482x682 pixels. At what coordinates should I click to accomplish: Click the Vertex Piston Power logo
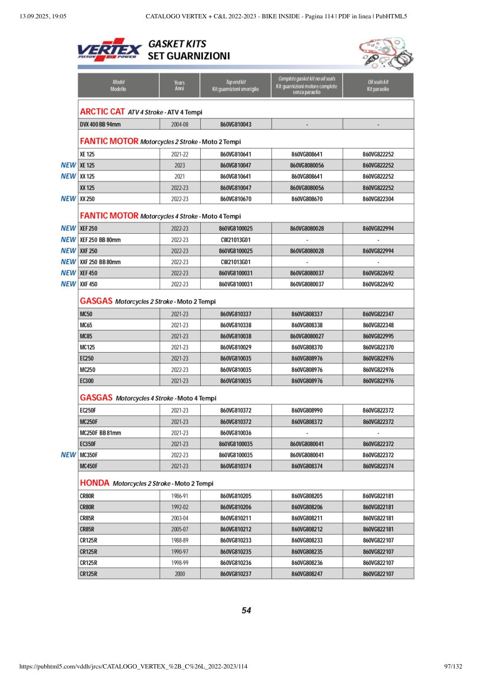(110, 50)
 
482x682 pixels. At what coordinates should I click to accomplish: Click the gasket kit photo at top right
(383, 53)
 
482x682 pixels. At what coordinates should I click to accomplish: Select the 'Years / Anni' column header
(180, 85)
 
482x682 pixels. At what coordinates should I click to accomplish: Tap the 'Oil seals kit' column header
(378, 85)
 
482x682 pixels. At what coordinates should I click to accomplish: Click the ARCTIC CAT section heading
(103, 112)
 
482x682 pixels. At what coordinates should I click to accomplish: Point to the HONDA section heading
(94, 483)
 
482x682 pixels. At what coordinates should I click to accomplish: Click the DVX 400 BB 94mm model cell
(100, 125)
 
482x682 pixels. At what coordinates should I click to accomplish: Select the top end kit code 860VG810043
(236, 125)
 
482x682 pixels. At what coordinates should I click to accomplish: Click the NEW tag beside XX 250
(68, 199)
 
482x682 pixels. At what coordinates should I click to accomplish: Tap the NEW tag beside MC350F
(68, 455)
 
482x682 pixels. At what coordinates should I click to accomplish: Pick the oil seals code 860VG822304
(378, 199)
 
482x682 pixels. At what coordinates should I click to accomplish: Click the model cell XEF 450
(89, 273)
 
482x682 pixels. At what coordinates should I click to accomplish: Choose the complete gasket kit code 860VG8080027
(307, 336)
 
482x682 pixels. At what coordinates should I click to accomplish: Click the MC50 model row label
(86, 314)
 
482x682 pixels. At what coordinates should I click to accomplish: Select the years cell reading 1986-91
(180, 496)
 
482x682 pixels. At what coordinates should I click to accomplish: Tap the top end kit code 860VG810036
(236, 433)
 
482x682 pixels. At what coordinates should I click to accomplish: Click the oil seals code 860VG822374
(378, 466)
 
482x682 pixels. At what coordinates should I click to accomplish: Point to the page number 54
(246, 611)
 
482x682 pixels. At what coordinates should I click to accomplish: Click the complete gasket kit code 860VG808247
(307, 573)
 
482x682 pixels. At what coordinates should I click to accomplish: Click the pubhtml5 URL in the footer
(133, 666)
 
